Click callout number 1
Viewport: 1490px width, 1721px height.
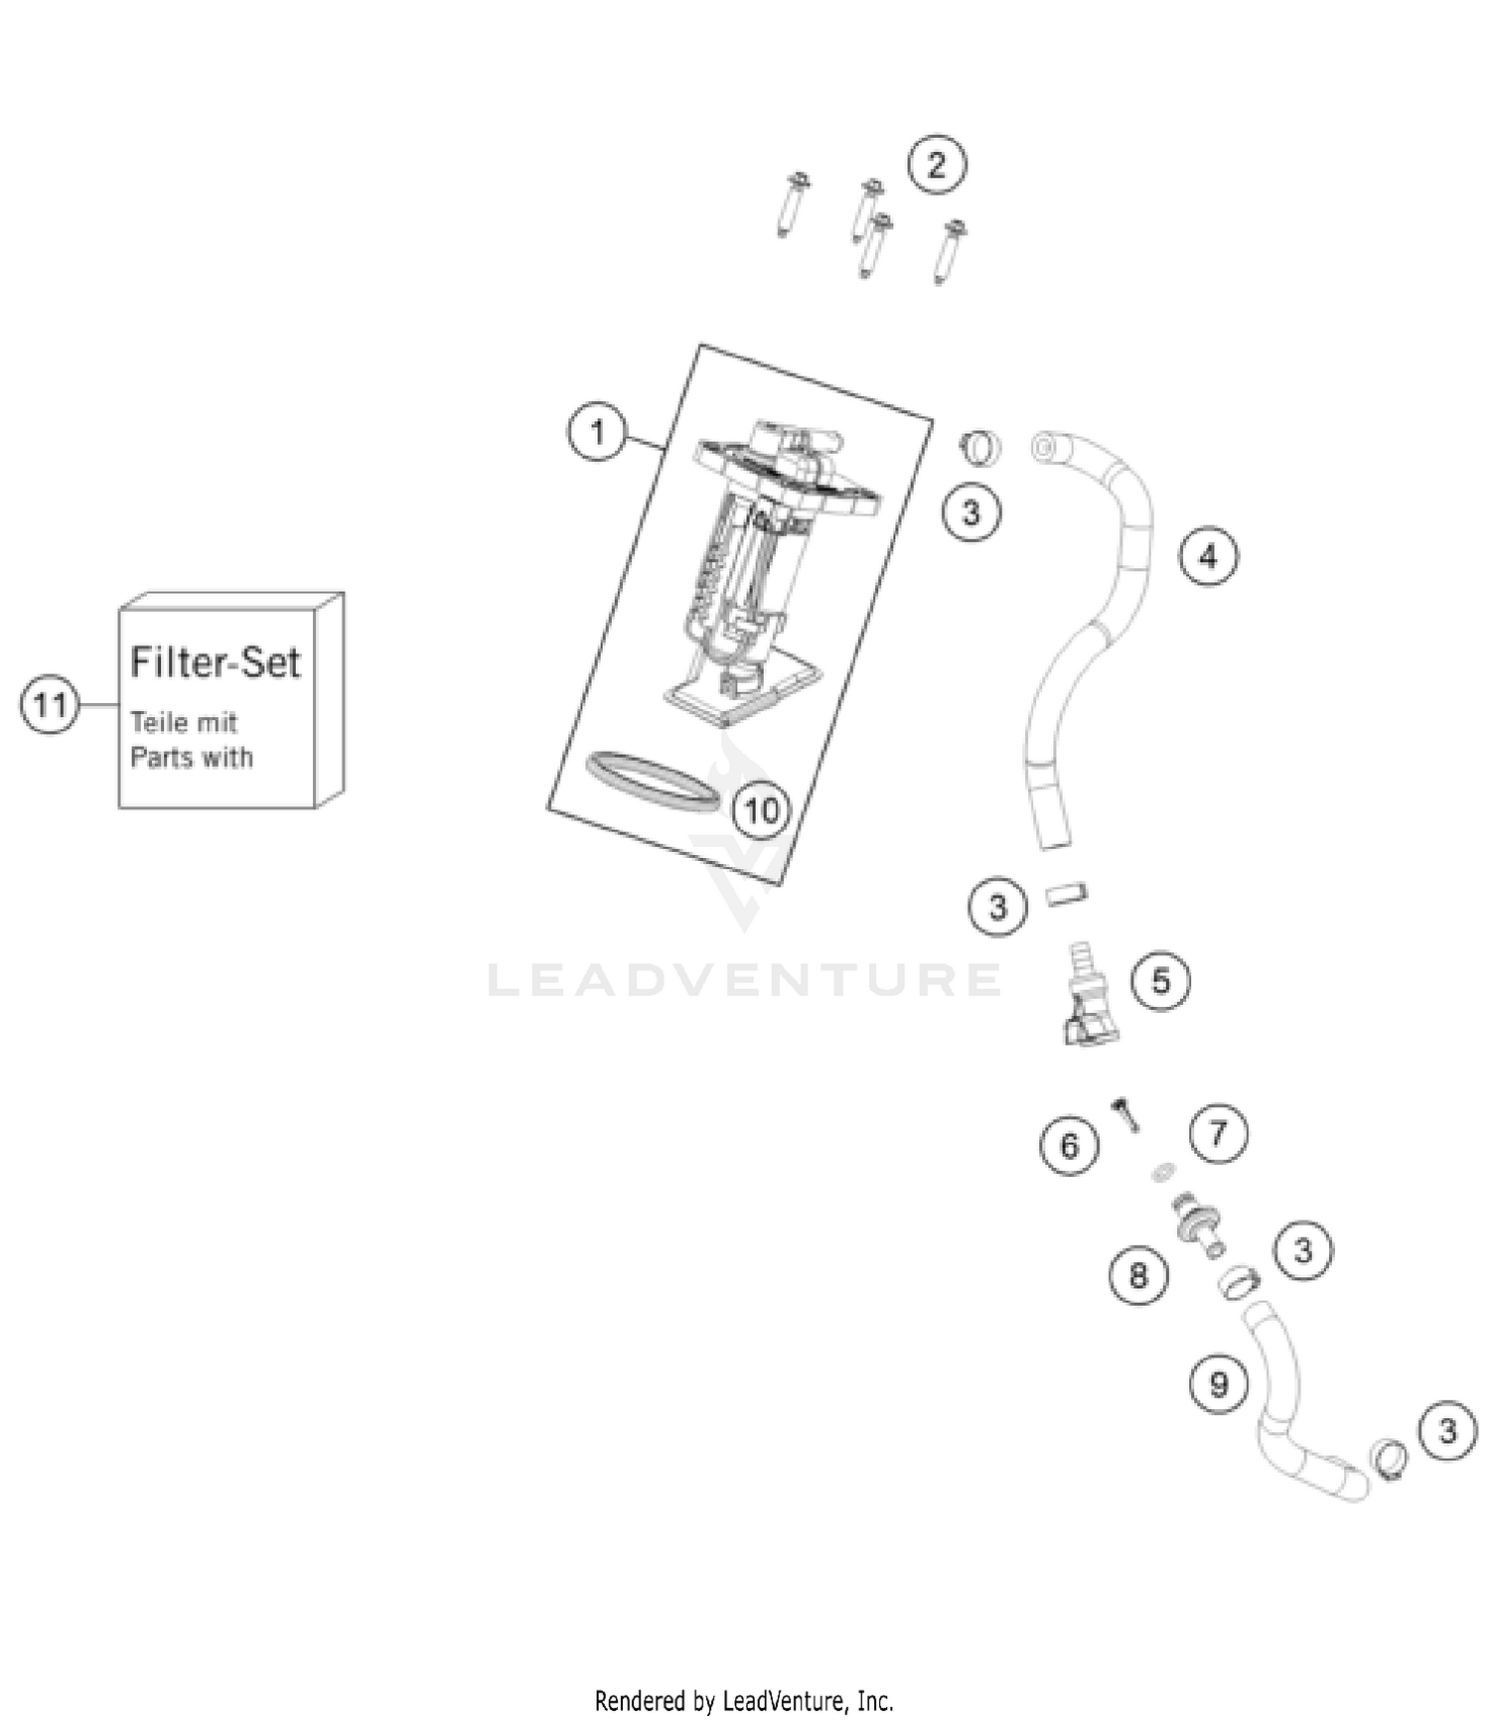597,432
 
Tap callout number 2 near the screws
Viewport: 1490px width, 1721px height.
937,165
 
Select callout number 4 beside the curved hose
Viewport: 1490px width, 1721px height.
1208,556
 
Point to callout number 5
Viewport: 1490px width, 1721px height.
1160,981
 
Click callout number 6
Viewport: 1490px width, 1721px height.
1069,1146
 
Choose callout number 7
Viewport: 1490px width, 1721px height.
1218,1133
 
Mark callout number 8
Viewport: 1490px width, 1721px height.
1138,1274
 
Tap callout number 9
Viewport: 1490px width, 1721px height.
1219,1383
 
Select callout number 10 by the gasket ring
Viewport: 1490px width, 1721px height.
762,810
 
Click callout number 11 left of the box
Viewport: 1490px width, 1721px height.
50,705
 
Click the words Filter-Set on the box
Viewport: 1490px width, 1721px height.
216,662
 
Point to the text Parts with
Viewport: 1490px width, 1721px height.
192,758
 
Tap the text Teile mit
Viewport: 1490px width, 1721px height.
184,722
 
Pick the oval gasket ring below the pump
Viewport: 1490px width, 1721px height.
653,782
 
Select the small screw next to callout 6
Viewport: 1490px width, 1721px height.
1127,1115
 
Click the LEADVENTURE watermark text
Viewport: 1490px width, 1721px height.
745,980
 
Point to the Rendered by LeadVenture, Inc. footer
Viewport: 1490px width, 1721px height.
744,1701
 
